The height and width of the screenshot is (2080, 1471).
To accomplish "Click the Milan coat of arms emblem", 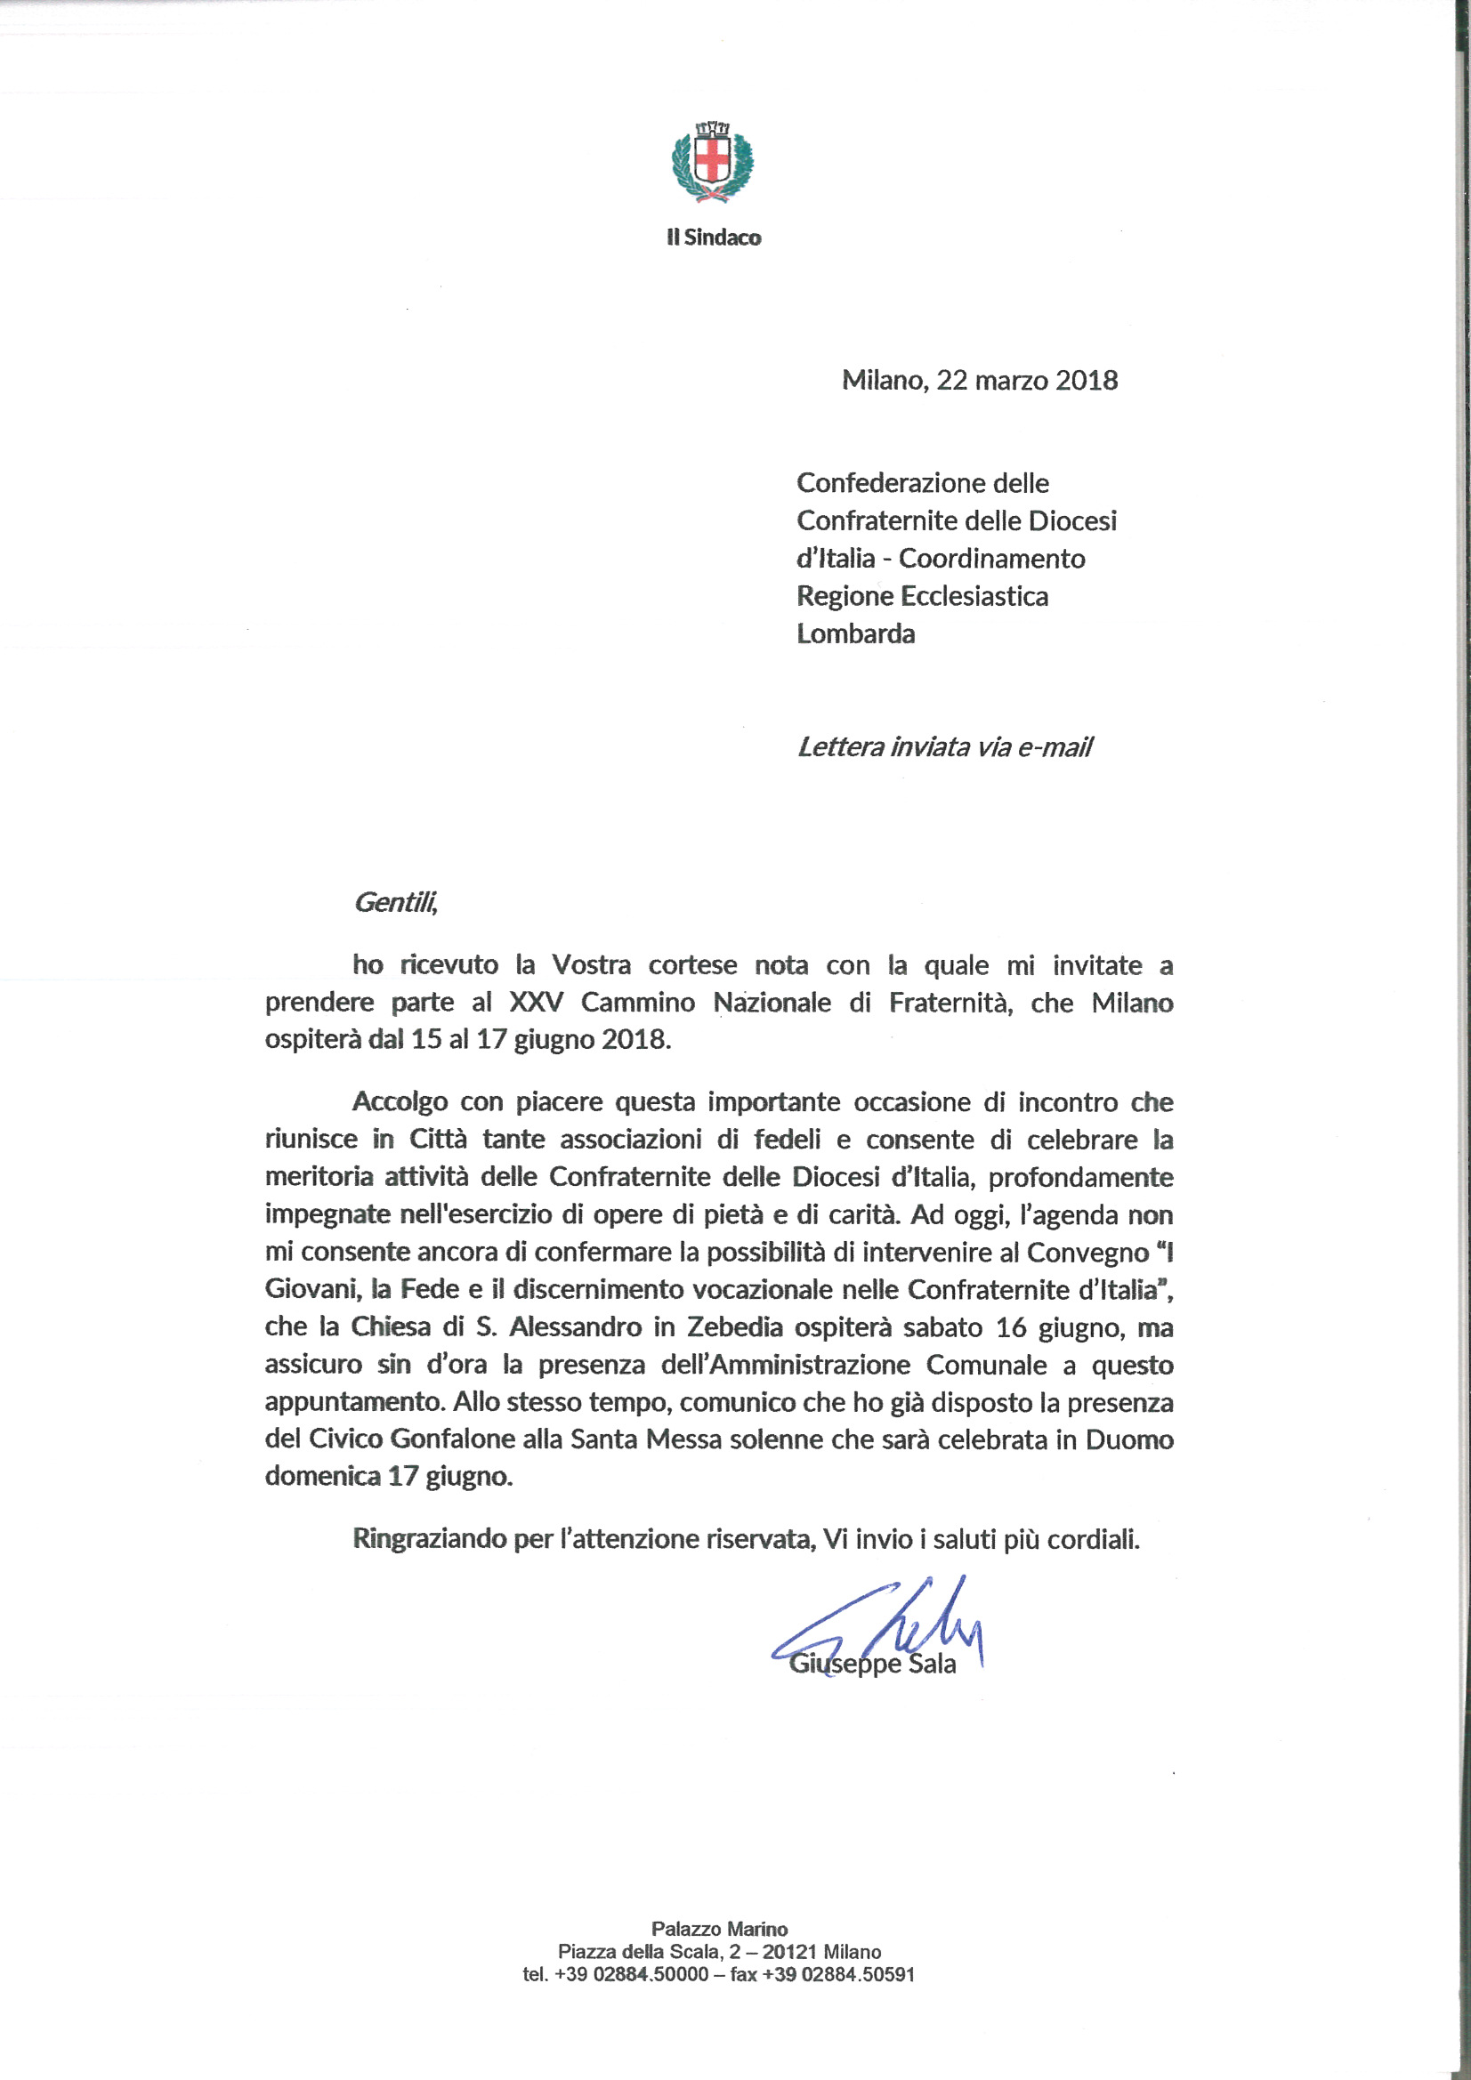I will (x=713, y=164).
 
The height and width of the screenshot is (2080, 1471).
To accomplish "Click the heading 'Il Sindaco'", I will (x=714, y=238).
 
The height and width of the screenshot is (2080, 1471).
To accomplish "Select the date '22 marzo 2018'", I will (x=1027, y=380).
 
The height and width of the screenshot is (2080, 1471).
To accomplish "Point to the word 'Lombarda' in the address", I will (x=855, y=634).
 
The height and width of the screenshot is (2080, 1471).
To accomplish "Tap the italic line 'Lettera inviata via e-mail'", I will (x=944, y=747).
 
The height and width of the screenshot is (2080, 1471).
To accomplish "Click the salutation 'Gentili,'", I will (x=395, y=902).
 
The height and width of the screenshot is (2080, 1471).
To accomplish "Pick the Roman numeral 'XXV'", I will (x=537, y=1003).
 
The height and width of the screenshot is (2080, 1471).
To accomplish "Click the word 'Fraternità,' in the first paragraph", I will (x=950, y=1003).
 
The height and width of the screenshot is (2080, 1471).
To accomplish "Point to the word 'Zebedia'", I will (x=734, y=1327).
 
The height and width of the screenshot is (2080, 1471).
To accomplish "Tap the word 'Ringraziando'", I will (x=429, y=1539).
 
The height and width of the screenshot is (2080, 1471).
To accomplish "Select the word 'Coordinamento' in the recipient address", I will (x=991, y=559).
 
